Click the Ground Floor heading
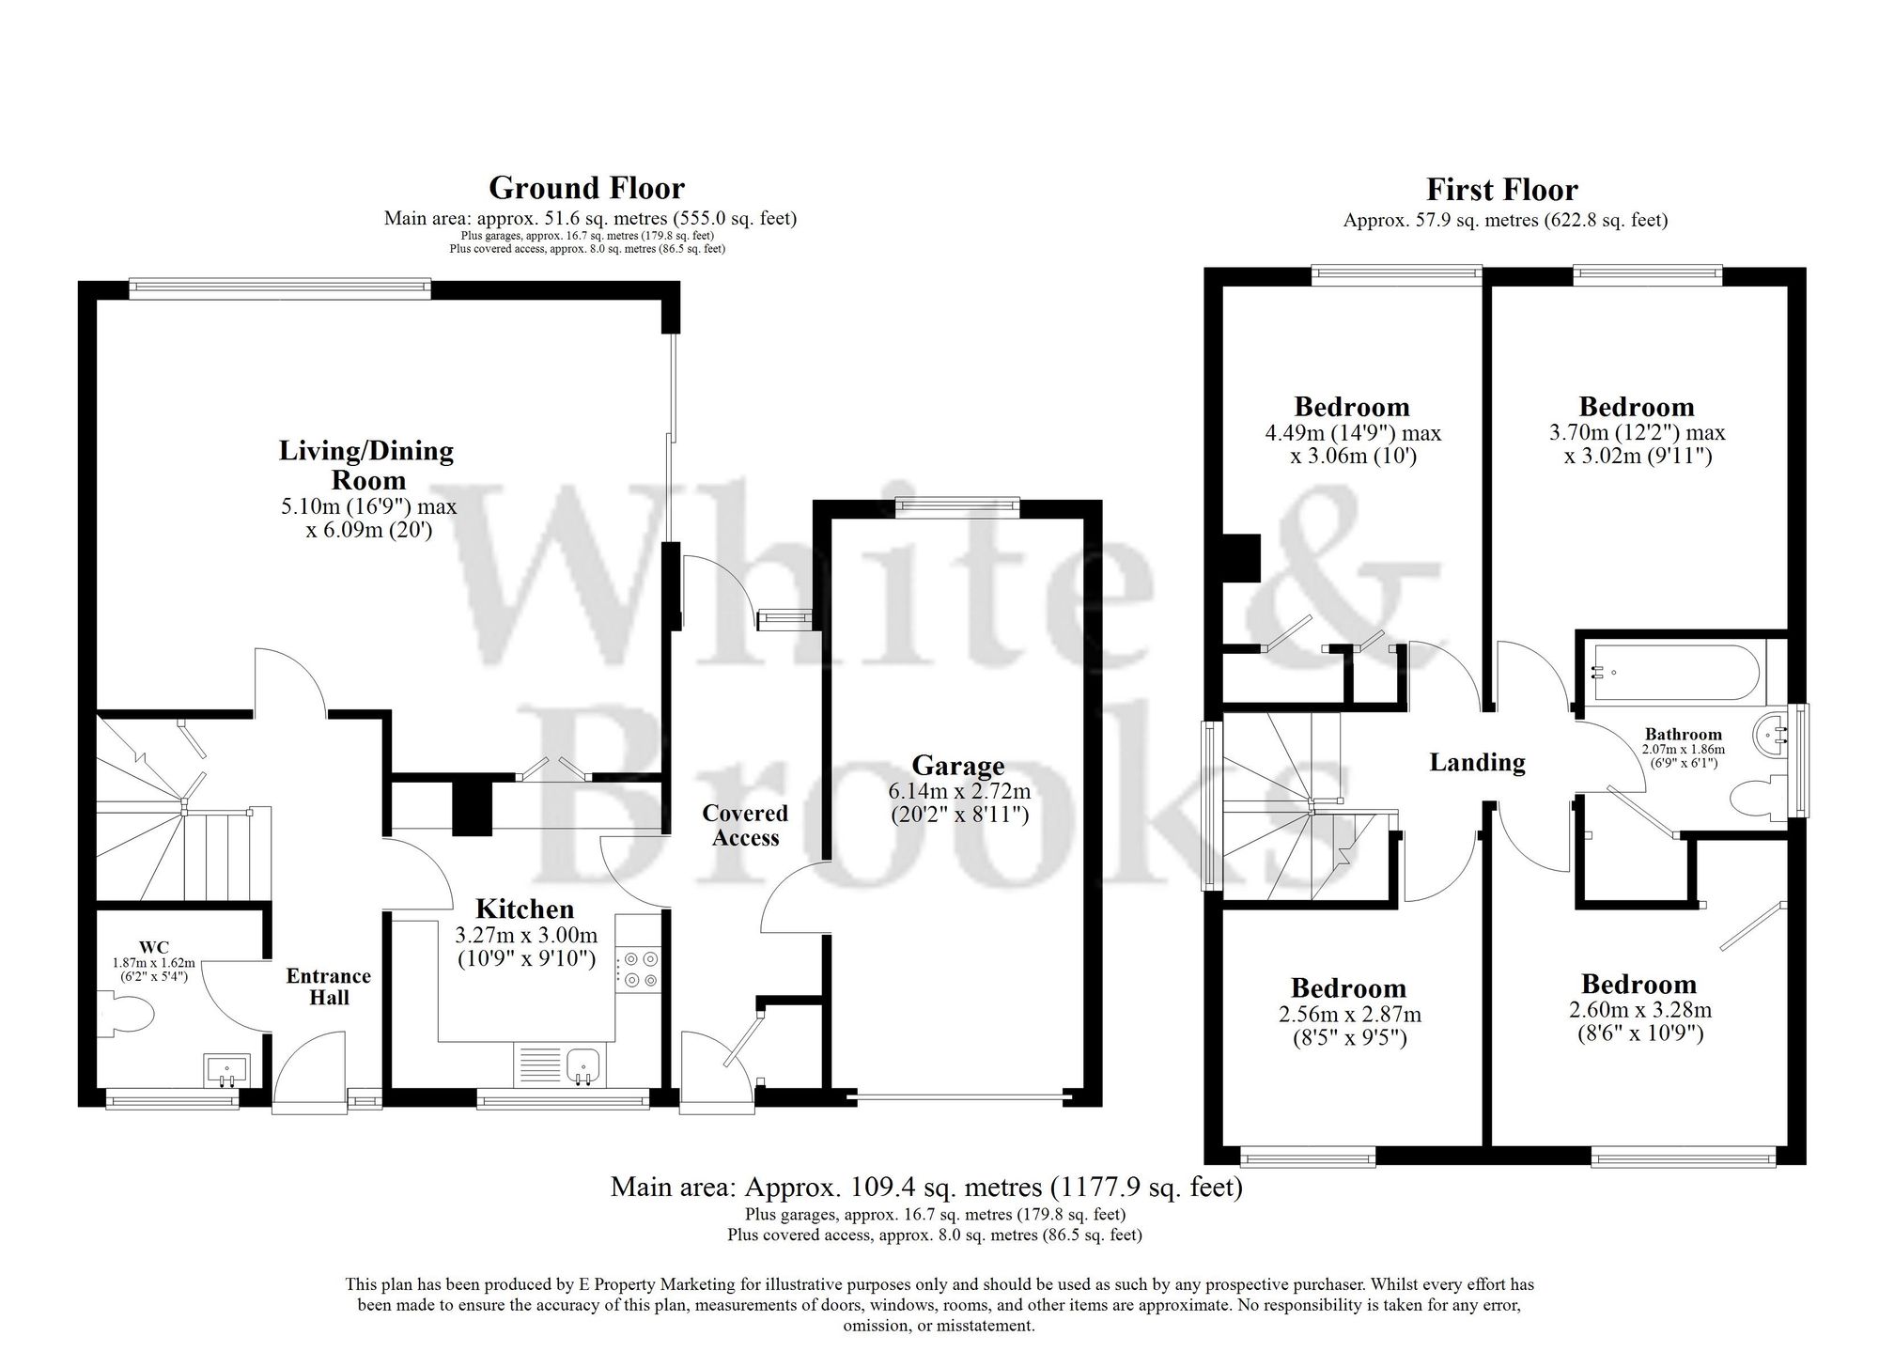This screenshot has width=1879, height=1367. click(586, 188)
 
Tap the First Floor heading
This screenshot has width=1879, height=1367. click(1501, 190)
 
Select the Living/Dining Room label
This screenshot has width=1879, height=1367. click(366, 465)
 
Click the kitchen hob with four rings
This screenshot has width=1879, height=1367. click(639, 970)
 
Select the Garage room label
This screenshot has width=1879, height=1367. click(958, 766)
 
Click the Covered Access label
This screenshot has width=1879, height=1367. click(745, 825)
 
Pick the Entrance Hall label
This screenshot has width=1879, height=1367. click(329, 986)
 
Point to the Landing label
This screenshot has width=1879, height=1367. click(1477, 762)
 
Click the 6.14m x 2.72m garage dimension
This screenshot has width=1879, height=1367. click(959, 791)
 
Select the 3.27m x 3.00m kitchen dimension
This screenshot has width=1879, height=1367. click(525, 935)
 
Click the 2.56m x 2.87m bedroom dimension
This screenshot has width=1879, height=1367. click(1349, 1015)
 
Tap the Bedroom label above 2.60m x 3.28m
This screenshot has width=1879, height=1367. click(1638, 985)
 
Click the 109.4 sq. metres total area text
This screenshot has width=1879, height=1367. click(926, 1188)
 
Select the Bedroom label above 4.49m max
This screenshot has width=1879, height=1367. click(1352, 407)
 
